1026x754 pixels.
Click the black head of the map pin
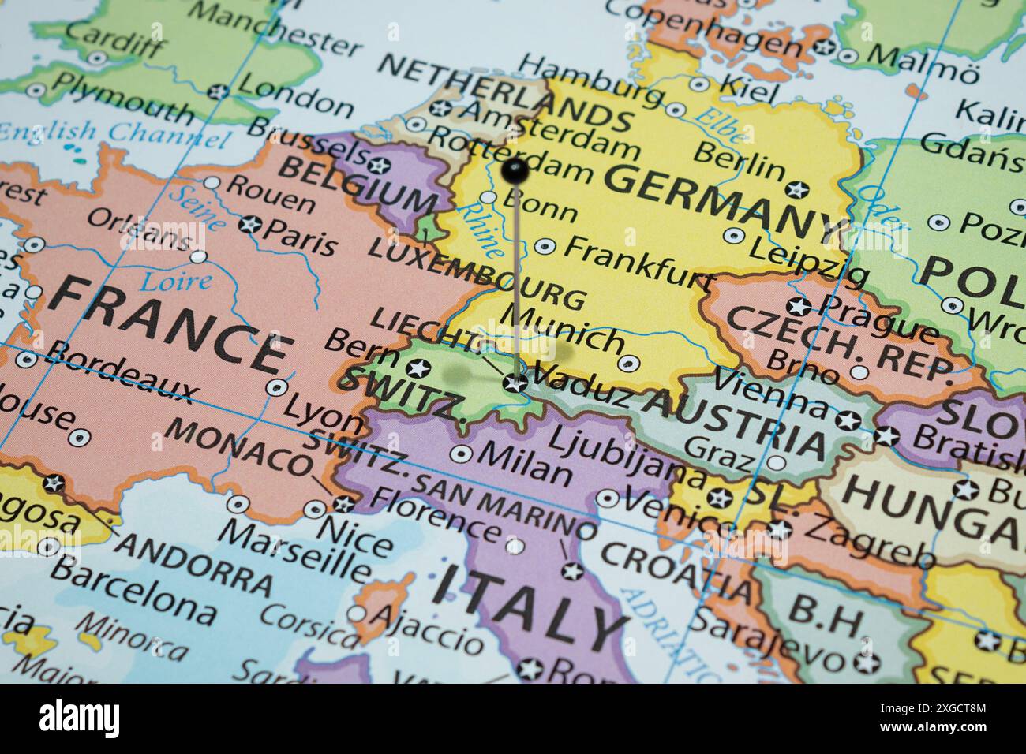[515, 168]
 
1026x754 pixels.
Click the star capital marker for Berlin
[796, 189]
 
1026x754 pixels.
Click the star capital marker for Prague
[799, 306]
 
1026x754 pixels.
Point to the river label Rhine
[482, 229]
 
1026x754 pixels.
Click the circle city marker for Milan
[461, 454]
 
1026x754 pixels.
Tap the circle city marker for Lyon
[276, 387]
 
